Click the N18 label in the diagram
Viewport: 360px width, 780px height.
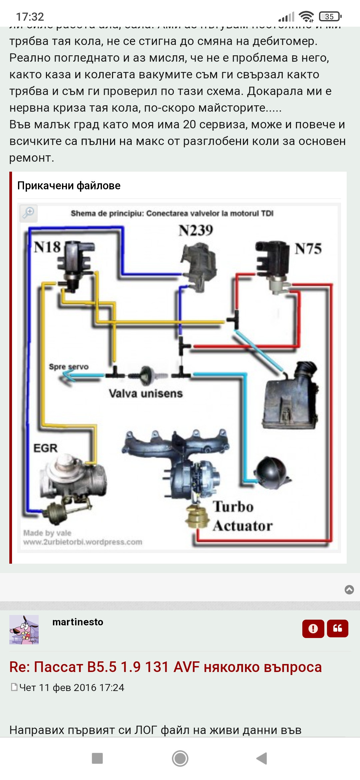[47, 247]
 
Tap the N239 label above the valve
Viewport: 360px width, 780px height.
[196, 230]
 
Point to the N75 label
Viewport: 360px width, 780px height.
[308, 249]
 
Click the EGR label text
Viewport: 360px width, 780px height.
[45, 448]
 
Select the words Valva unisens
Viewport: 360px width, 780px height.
[146, 393]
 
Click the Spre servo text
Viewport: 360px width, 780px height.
[69, 367]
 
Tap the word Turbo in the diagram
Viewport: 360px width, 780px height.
[233, 507]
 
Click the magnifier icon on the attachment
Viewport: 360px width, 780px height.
[28, 212]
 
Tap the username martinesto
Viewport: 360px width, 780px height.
[78, 622]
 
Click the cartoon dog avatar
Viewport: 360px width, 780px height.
[24, 629]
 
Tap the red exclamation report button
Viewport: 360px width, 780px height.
[313, 629]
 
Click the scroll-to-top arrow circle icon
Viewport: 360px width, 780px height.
[349, 590]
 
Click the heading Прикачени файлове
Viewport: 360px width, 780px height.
[69, 185]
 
